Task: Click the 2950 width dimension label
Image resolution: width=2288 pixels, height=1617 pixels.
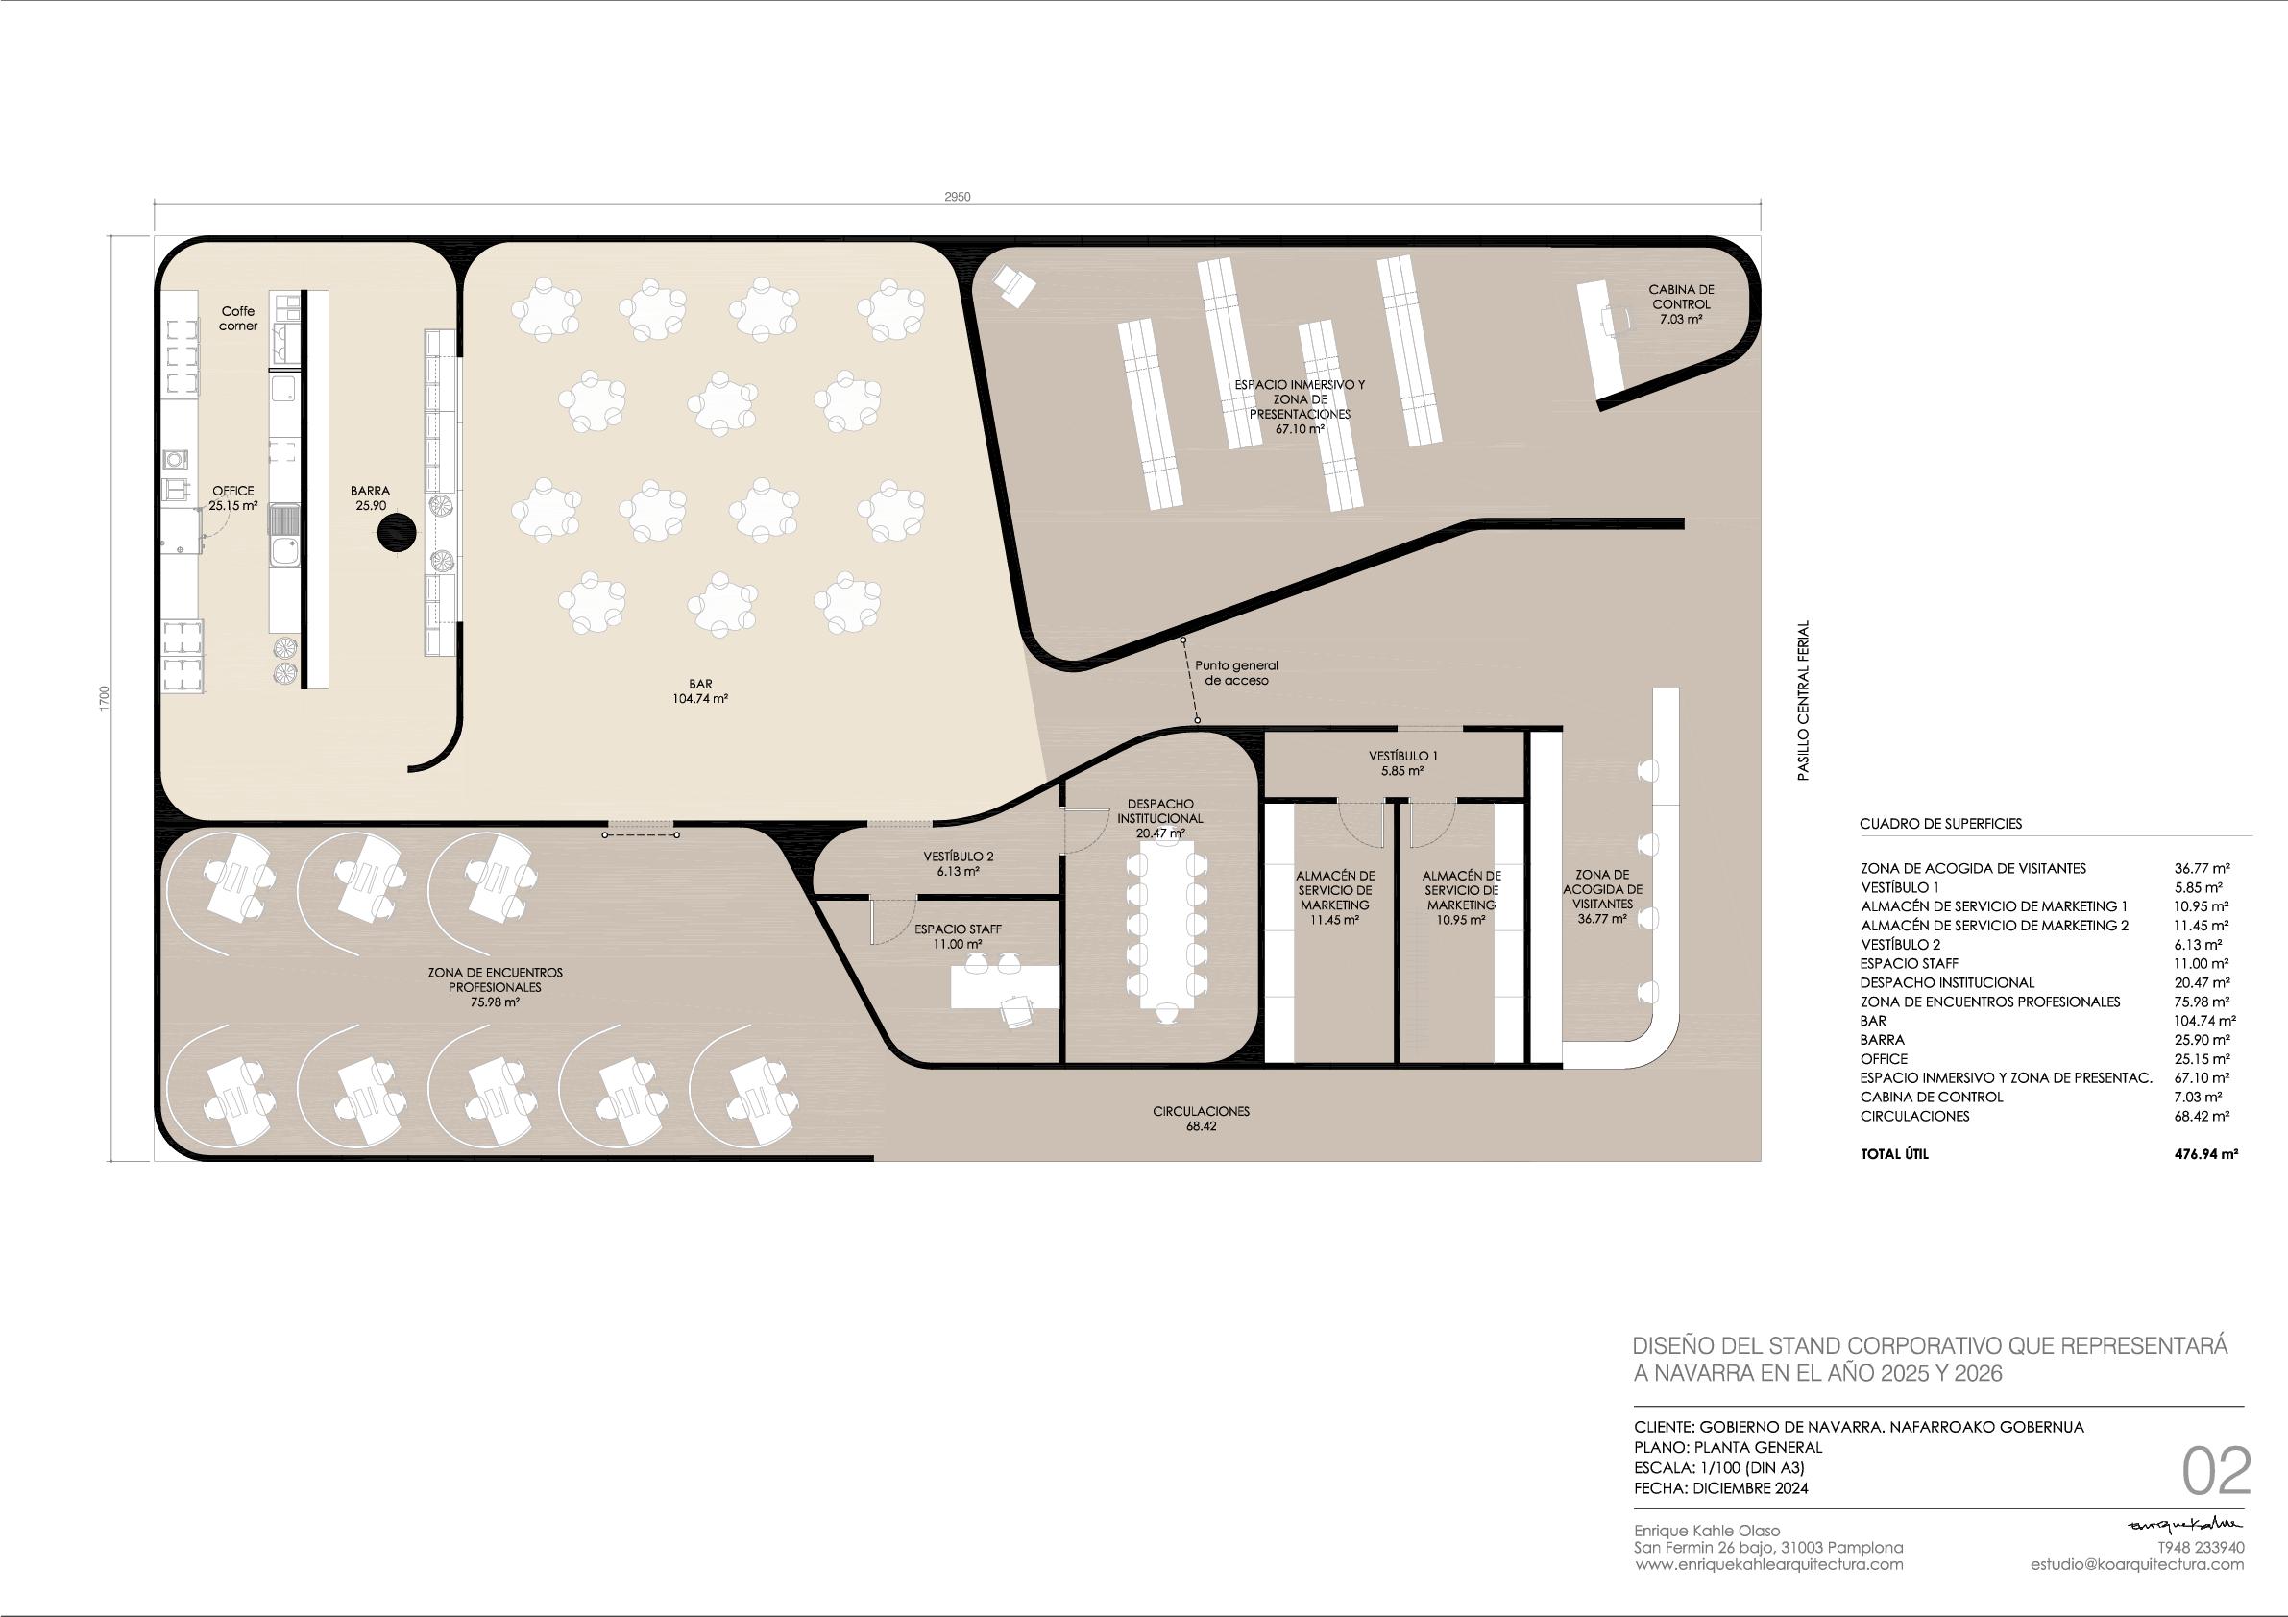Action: point(957,197)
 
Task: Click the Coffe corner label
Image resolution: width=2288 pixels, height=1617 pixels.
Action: point(239,319)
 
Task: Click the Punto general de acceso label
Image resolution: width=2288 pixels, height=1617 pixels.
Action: point(1236,672)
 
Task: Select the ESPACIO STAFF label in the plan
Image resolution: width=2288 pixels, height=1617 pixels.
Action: point(959,929)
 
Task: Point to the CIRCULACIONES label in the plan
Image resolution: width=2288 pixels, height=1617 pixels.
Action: point(1201,1111)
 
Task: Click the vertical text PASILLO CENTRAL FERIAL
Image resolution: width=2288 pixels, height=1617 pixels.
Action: point(1803,700)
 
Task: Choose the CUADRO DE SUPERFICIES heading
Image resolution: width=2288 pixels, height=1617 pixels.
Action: point(1940,824)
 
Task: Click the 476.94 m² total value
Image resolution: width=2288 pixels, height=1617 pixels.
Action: point(2205,1155)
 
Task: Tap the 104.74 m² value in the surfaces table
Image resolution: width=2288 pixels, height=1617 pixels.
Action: point(2205,1020)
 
